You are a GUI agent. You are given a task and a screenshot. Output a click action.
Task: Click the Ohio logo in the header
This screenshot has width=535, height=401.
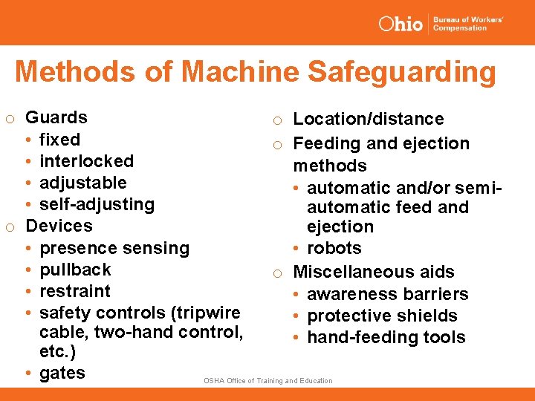point(401,24)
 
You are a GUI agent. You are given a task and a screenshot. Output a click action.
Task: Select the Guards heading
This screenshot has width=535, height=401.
point(56,117)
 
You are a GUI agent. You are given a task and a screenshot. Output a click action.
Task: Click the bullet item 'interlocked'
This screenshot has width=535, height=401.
point(86,161)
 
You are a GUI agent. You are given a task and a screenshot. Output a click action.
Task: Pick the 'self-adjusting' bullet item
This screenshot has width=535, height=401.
point(97,204)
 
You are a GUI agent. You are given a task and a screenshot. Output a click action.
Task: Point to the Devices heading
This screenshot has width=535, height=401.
point(59,226)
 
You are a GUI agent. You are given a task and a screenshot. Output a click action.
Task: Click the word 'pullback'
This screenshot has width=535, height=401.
point(75,270)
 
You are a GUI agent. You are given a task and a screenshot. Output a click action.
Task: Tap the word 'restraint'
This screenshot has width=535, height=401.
point(74,291)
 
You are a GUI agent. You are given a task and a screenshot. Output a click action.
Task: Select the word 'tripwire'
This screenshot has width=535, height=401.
point(205,313)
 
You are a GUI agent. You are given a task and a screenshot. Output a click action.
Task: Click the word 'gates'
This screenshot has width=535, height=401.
point(62,373)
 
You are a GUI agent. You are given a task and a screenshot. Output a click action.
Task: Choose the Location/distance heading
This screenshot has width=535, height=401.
point(369,119)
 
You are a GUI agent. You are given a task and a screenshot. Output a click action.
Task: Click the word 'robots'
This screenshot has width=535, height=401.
point(334,248)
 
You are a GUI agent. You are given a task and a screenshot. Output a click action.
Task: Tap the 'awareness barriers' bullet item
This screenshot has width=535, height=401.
point(387,294)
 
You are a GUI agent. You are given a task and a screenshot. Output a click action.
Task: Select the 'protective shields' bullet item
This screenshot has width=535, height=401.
point(382,316)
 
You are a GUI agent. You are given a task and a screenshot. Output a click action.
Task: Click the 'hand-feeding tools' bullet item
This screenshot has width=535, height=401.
point(386,337)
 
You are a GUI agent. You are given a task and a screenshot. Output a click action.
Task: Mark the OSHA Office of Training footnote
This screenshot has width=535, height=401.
point(268,381)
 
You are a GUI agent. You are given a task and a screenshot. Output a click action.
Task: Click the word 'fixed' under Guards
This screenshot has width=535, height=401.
point(59,140)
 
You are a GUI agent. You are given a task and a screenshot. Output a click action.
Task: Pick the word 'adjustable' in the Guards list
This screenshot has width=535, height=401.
point(82,183)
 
